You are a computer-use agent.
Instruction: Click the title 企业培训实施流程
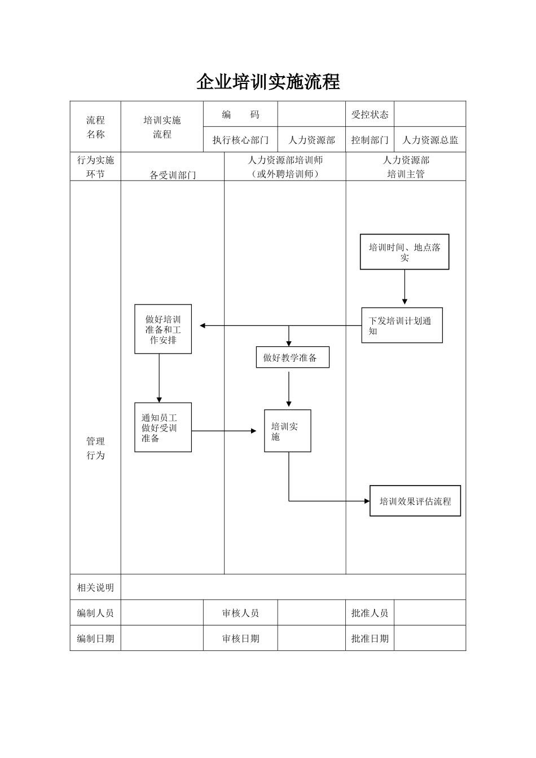pyautogui.click(x=268, y=82)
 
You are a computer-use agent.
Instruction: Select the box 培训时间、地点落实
pyautogui.click(x=405, y=252)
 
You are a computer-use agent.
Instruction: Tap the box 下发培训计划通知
pyautogui.click(x=402, y=325)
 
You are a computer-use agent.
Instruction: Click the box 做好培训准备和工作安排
pyautogui.click(x=163, y=329)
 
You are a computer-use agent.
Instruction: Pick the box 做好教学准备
pyautogui.click(x=292, y=358)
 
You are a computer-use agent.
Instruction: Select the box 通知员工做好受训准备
pyautogui.click(x=163, y=428)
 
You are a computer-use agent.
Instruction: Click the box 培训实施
pyautogui.click(x=288, y=431)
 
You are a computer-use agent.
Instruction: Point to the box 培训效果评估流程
pyautogui.click(x=415, y=501)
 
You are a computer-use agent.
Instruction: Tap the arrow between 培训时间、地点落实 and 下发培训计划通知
pyautogui.click(x=405, y=288)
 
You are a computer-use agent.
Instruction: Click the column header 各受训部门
pyautogui.click(x=173, y=175)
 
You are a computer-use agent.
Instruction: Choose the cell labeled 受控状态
pyautogui.click(x=370, y=114)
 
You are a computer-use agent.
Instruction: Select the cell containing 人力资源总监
pyautogui.click(x=430, y=140)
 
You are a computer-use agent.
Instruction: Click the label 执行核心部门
pyautogui.click(x=240, y=140)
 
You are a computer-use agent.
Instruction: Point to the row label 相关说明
pyautogui.click(x=95, y=587)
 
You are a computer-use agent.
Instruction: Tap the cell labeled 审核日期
pyautogui.click(x=240, y=638)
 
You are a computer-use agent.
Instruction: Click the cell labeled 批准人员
pyautogui.click(x=370, y=613)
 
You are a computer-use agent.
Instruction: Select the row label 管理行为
pyautogui.click(x=95, y=448)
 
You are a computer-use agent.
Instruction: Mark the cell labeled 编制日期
pyautogui.click(x=95, y=638)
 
